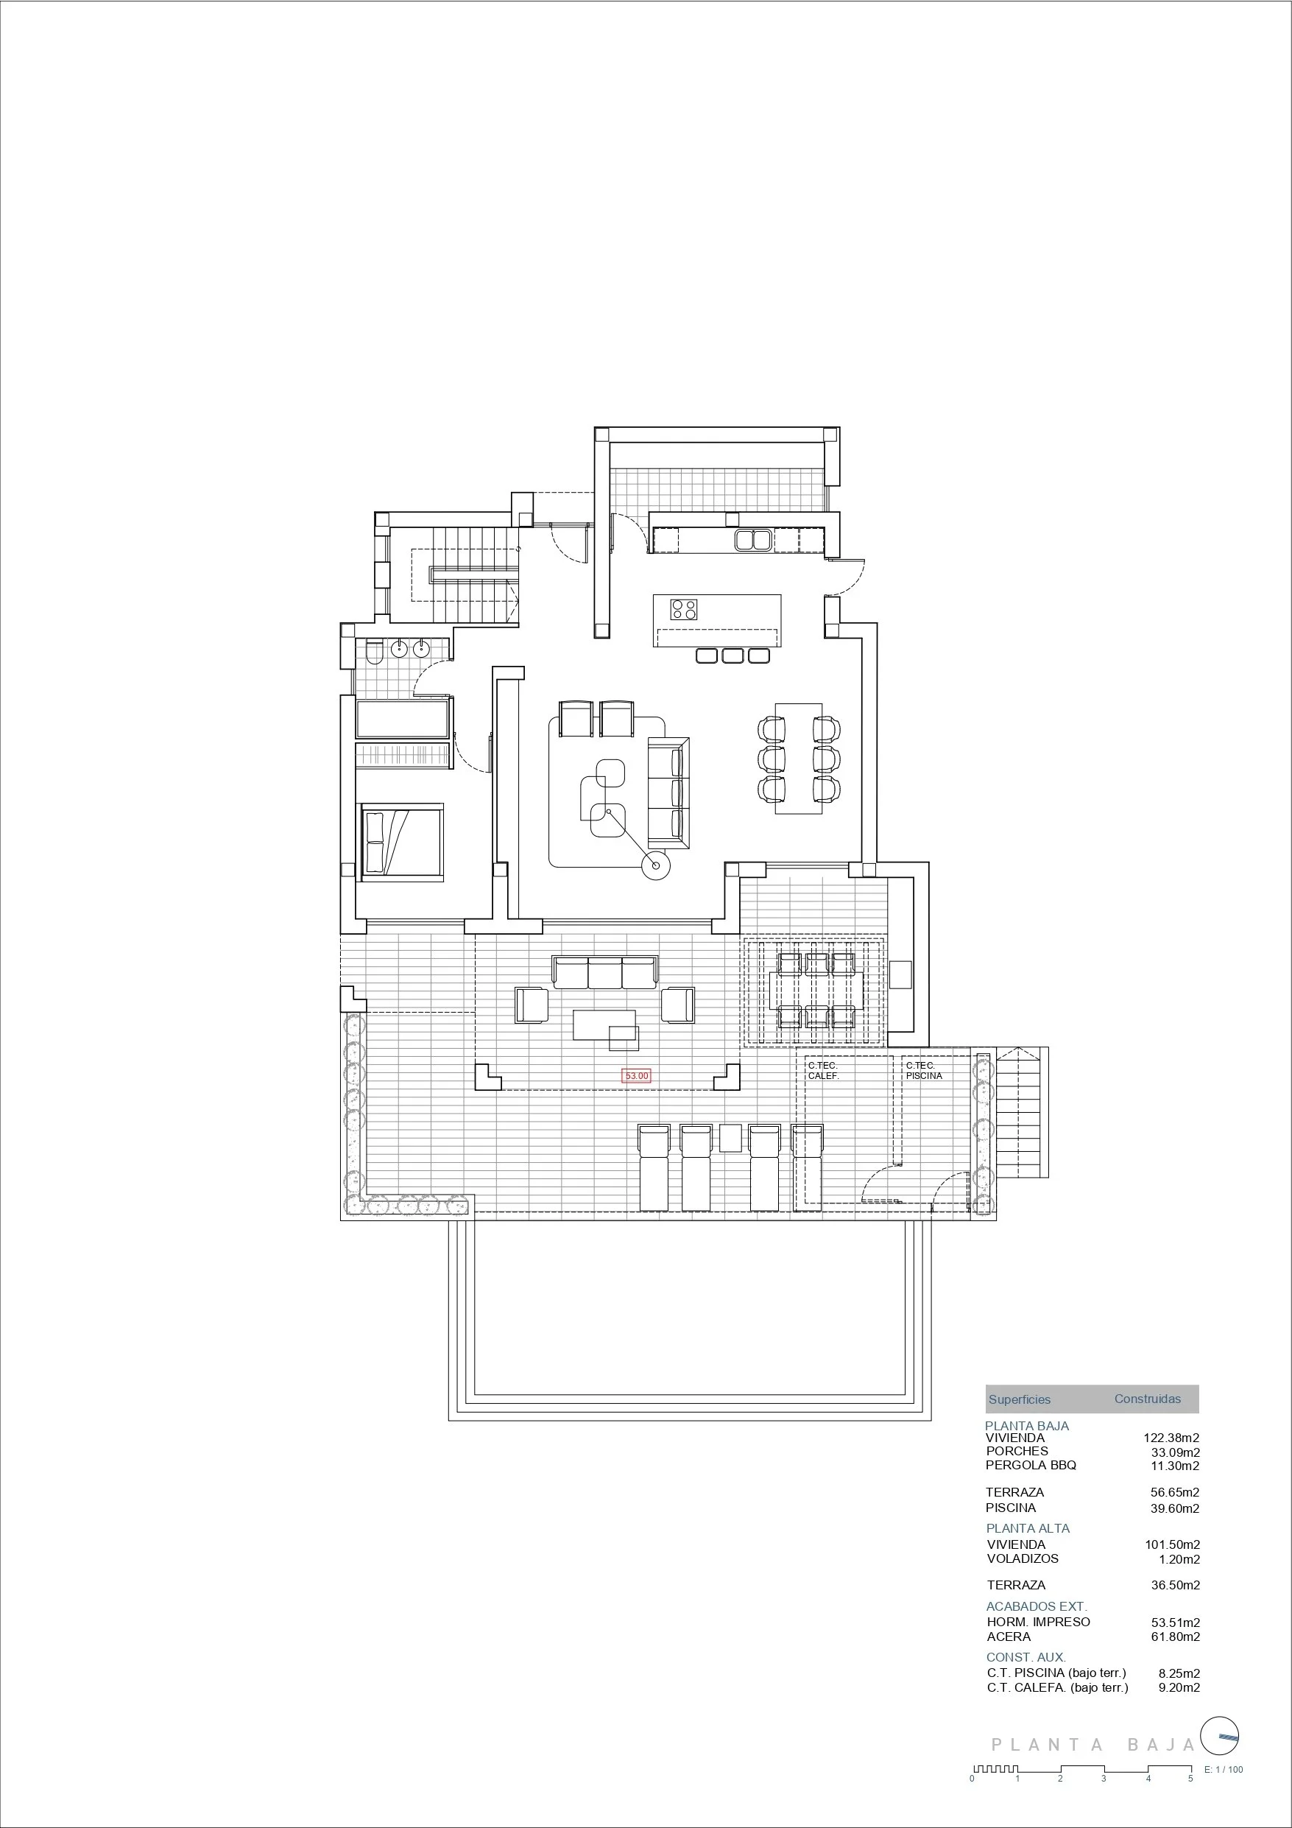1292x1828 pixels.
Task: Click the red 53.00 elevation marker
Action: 637,1075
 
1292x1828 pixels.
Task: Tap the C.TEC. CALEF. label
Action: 823,1070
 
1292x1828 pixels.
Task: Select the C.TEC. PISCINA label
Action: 923,1070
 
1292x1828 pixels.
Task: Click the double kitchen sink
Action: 752,541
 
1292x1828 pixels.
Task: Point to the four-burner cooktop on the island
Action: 684,610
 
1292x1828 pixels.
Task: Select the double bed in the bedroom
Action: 401,843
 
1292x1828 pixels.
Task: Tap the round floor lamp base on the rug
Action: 657,865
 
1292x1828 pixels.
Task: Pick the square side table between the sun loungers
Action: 730,1138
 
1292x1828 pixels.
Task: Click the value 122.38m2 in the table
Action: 1171,1438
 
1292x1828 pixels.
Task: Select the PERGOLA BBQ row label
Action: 1030,1465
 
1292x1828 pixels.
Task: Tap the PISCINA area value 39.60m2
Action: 1174,1508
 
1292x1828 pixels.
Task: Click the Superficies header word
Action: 1019,1399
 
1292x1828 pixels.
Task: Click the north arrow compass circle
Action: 1220,1736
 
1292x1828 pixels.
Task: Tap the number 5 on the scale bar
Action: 1190,1779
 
